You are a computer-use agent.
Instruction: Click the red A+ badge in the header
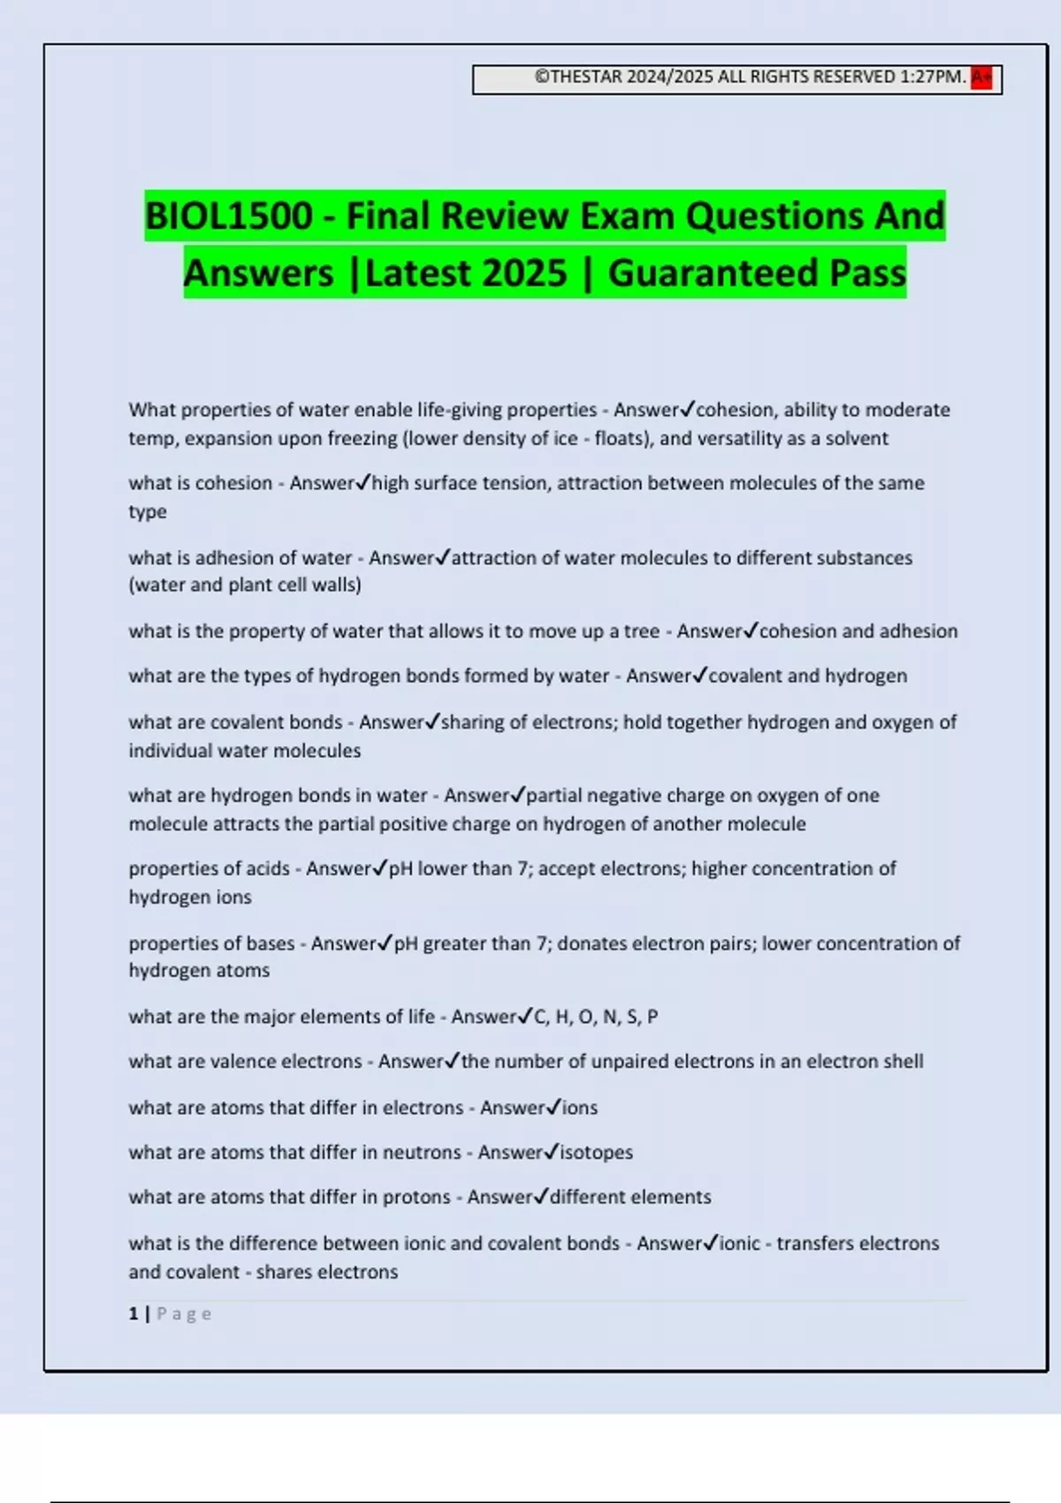(x=981, y=78)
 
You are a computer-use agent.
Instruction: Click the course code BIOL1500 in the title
(x=229, y=216)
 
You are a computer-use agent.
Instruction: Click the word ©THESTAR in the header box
(x=578, y=77)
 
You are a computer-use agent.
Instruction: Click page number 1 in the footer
(x=134, y=1314)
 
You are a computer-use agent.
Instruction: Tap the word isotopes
(x=596, y=1152)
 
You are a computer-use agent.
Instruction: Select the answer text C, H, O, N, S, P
(x=596, y=1017)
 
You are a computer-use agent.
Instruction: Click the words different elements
(x=630, y=1197)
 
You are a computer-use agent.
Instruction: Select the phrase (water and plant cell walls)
(x=245, y=585)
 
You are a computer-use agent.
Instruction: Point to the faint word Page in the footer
(x=184, y=1314)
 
